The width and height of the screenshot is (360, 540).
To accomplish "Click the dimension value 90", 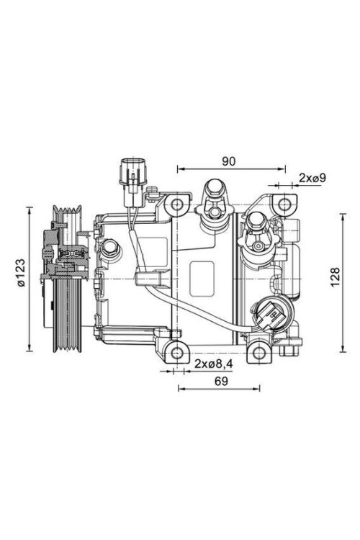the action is click(228, 161).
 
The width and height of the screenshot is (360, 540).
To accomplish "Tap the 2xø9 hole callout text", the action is click(312, 178).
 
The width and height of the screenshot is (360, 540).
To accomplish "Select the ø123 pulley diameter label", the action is click(22, 273).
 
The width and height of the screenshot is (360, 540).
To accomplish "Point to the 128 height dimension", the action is click(335, 276).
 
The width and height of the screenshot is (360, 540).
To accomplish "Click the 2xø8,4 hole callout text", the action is click(214, 364).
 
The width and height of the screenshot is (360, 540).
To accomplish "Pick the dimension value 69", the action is click(222, 381).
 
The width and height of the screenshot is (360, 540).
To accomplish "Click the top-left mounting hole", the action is click(177, 204).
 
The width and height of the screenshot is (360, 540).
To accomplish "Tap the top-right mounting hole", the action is click(284, 204).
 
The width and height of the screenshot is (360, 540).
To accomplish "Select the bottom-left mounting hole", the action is click(177, 353).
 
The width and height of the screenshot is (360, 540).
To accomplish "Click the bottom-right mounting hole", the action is click(258, 353).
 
